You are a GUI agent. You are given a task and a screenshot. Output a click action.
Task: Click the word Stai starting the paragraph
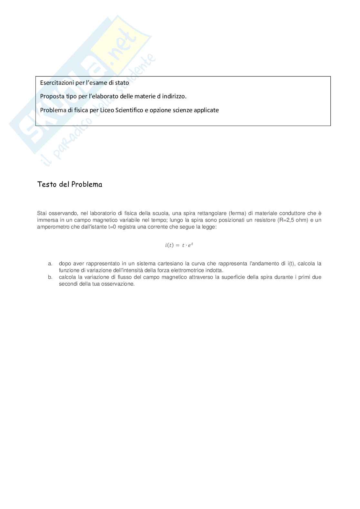42,213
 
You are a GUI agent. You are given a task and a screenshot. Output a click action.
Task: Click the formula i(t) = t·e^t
179,245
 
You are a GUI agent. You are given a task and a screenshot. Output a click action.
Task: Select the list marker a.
50,264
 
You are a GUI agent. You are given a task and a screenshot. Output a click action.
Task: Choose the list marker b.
50,277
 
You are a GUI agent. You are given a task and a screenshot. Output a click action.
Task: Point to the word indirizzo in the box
174,96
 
